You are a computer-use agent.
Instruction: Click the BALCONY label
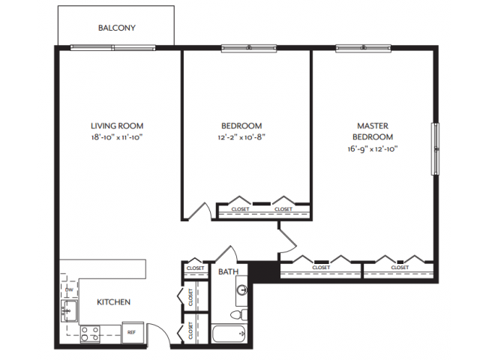pyautogui.click(x=116, y=28)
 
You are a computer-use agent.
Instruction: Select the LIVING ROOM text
pyautogui.click(x=117, y=126)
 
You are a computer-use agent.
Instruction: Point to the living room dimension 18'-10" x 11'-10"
pyautogui.click(x=117, y=138)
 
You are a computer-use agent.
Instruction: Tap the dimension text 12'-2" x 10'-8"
pyautogui.click(x=241, y=138)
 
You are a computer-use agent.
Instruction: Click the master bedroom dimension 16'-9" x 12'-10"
pyautogui.click(x=373, y=148)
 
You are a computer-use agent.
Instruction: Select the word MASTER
pyautogui.click(x=373, y=126)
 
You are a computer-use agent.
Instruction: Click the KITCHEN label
pyautogui.click(x=114, y=302)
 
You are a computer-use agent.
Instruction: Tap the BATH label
pyautogui.click(x=227, y=272)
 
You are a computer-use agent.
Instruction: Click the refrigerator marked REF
pyautogui.click(x=130, y=330)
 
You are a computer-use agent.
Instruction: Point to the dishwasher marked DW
pyautogui.click(x=69, y=289)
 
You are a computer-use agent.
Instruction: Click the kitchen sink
pyautogui.click(x=67, y=309)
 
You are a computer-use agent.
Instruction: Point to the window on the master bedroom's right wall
pyautogui.click(x=433, y=148)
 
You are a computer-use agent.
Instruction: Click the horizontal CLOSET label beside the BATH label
pyautogui.click(x=195, y=268)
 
